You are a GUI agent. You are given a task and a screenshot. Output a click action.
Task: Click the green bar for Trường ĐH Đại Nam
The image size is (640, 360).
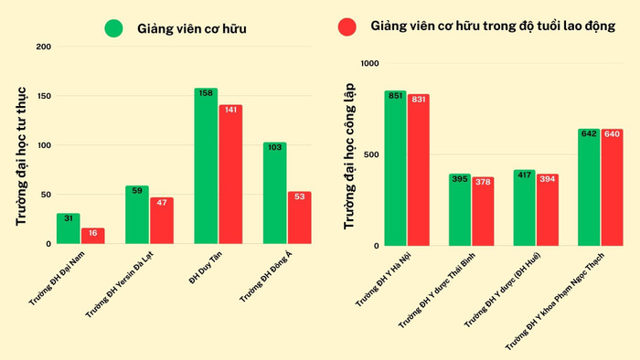coord(68,228)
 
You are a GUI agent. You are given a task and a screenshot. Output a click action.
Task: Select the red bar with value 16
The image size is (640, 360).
coord(92,236)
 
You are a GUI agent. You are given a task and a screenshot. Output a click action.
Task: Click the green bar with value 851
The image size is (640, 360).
coord(395,168)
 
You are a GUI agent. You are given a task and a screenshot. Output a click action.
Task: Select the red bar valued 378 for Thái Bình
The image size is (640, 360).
coord(483,211)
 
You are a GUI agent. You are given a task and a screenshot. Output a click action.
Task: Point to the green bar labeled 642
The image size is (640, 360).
coord(589,187)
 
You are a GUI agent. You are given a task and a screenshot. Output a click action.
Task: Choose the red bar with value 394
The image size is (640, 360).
coord(547,209)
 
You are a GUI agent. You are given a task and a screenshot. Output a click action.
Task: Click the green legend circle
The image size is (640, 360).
coord(114,28)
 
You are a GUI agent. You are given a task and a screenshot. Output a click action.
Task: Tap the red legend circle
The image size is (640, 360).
coord(347,27)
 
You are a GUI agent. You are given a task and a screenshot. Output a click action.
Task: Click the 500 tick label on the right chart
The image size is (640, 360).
coord(369,154)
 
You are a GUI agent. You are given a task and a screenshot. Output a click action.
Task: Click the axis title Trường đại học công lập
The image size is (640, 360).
coord(348,156)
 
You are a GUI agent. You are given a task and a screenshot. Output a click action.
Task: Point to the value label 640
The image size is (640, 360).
coord(612,134)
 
